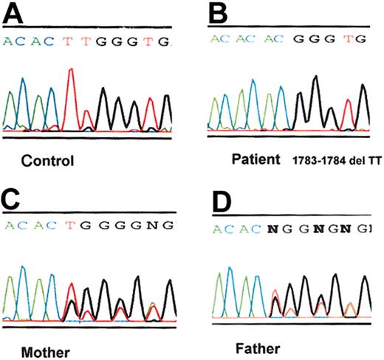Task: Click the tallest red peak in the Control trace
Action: (x=71, y=72)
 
